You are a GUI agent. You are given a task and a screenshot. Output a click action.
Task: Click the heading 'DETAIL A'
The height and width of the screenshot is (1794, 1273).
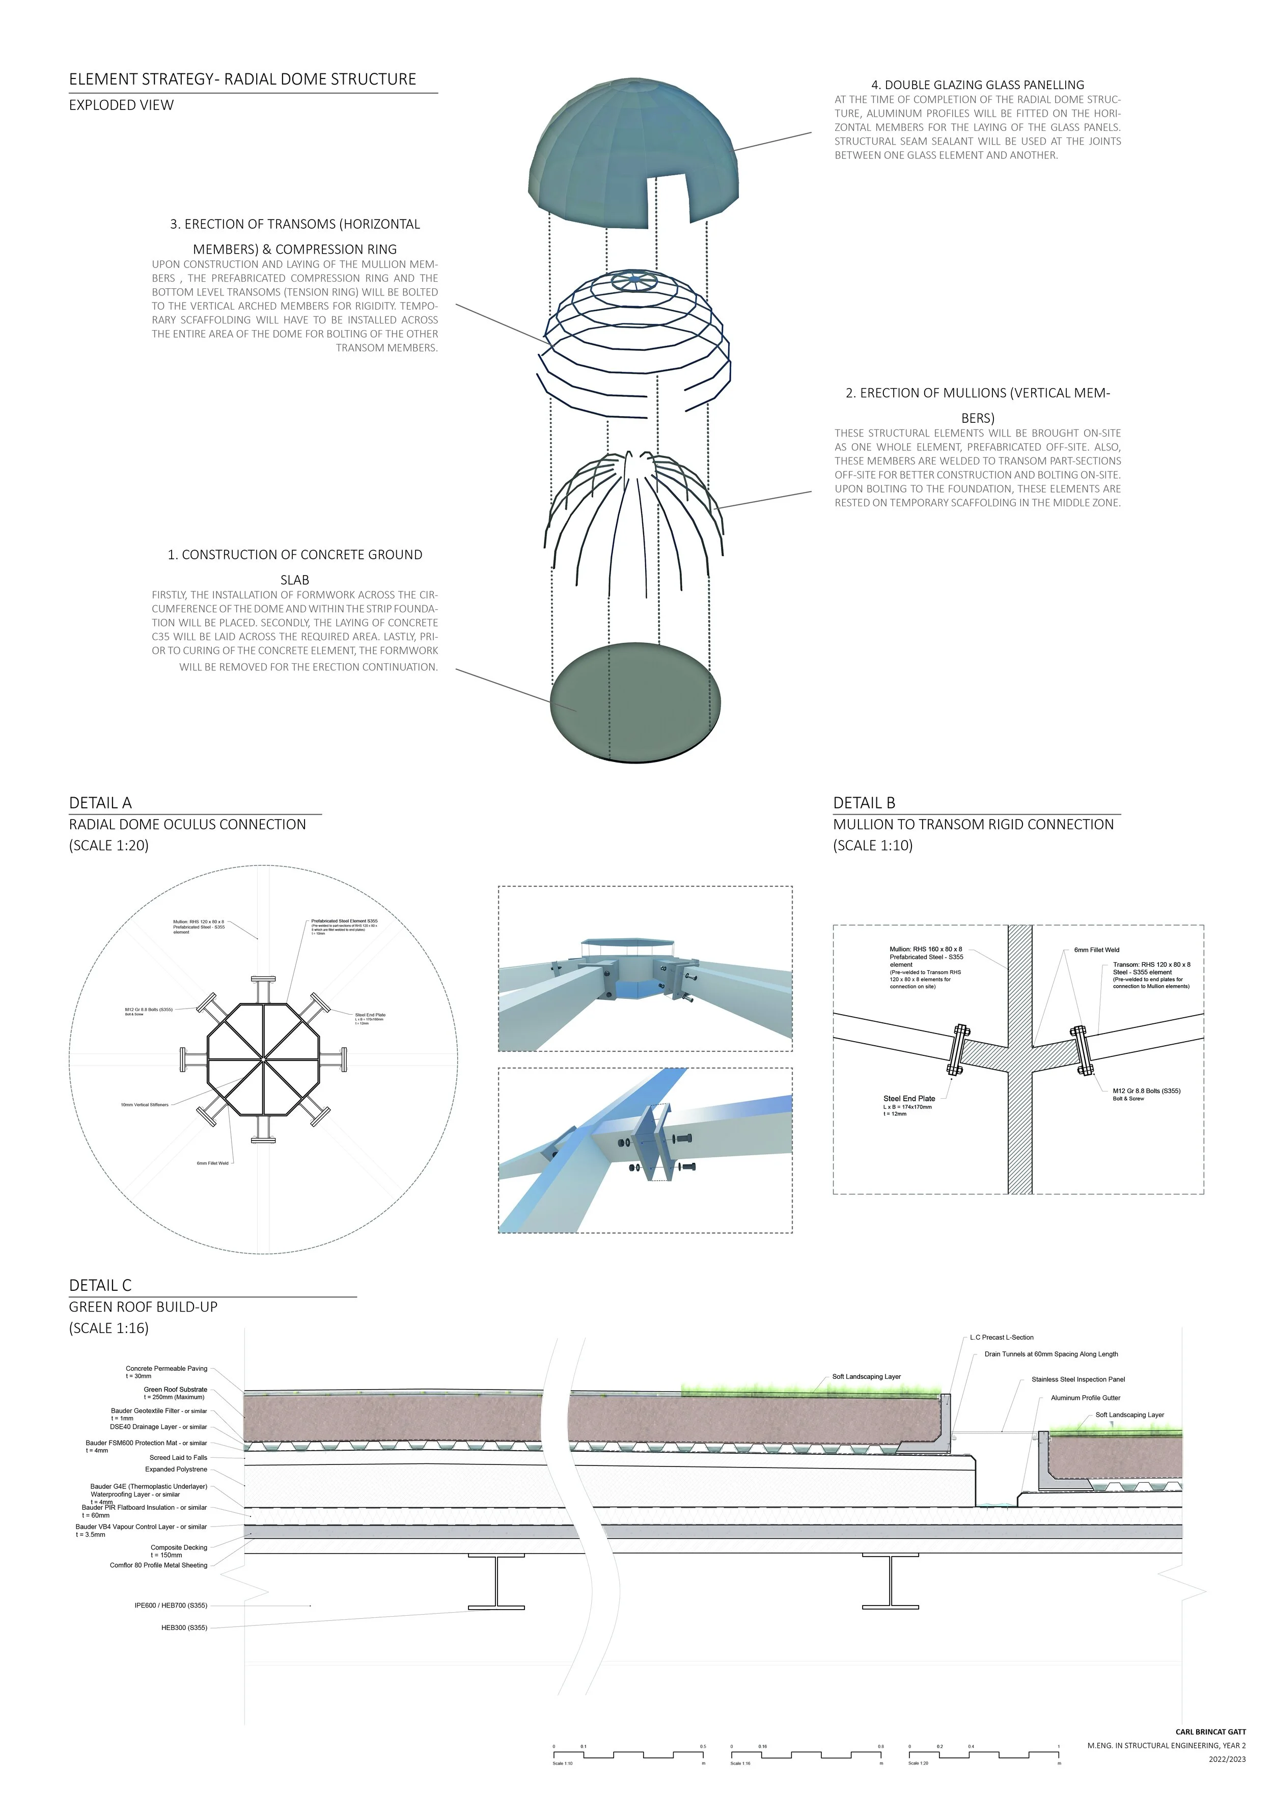[100, 802]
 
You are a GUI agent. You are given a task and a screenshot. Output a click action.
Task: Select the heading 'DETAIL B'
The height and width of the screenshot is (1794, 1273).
[864, 802]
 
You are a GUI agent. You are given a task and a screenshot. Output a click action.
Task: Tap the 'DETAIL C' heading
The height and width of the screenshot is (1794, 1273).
[100, 1285]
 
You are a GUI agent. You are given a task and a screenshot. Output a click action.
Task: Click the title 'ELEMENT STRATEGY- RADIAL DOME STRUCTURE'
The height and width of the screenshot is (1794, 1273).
[242, 79]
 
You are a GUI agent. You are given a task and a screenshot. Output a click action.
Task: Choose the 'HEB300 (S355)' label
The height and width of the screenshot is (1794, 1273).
[184, 1628]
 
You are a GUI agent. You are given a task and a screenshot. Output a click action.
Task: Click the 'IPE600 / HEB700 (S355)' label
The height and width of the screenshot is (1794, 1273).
[171, 1605]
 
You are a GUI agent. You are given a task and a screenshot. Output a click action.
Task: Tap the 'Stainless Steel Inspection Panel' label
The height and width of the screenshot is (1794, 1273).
[1078, 1379]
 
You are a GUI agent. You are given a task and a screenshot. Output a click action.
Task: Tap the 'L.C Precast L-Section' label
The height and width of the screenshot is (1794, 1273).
[1001, 1338]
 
